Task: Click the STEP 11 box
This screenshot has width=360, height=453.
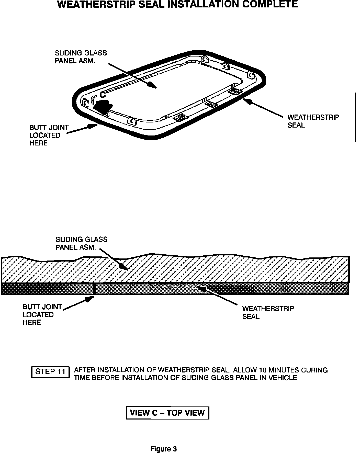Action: [x=50, y=372]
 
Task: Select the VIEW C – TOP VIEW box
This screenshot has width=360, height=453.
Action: [x=167, y=413]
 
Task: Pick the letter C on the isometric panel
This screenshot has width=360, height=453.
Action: [x=103, y=95]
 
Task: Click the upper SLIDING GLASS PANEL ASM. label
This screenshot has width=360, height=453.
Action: [x=81, y=57]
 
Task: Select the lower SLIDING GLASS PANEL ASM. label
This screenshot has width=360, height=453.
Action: [x=81, y=243]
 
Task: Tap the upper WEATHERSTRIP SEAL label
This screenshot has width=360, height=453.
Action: [x=313, y=121]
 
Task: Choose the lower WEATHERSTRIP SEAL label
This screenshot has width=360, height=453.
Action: [x=268, y=312]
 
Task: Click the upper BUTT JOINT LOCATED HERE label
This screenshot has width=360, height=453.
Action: [x=49, y=135]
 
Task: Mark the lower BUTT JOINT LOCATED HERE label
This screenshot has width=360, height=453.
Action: [x=42, y=314]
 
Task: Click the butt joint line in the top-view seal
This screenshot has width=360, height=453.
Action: [x=94, y=289]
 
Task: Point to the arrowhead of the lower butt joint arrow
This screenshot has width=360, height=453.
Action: [x=92, y=298]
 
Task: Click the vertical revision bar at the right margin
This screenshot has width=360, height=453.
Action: [x=355, y=117]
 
